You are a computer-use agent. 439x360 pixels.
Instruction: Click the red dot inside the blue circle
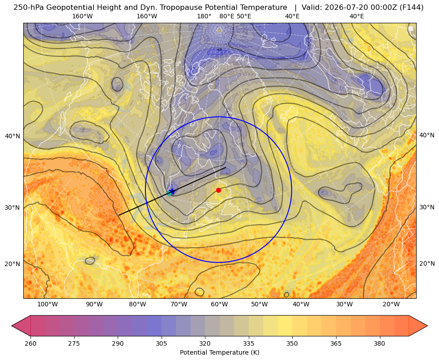[218, 190]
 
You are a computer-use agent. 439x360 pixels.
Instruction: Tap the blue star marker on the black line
[172, 191]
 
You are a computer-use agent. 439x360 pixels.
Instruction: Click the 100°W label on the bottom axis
[47, 305]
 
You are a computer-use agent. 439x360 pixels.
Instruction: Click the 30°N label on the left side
[13, 208]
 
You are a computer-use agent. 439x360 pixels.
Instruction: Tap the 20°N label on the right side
[427, 263]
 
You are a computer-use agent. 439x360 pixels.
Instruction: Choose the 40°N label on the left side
[13, 136]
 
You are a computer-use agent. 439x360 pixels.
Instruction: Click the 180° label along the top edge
[204, 16]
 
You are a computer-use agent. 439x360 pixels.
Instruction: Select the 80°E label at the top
[227, 16]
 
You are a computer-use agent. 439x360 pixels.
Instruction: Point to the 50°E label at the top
[244, 16]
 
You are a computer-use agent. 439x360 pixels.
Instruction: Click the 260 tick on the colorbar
[30, 343]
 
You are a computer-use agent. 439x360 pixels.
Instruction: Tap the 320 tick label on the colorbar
[205, 343]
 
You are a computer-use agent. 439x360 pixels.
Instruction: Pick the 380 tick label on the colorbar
[379, 343]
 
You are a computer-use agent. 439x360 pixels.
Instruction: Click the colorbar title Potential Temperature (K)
[219, 352]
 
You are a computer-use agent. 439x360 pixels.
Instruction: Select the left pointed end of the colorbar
[12, 326]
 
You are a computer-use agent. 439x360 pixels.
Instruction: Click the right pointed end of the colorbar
[427, 326]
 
